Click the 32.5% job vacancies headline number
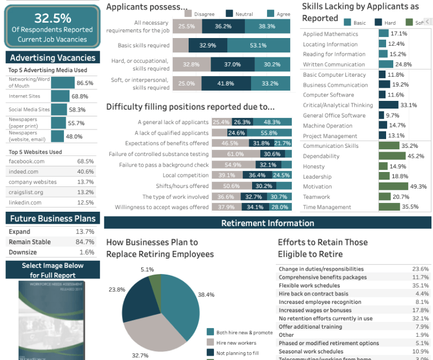coord(52,18)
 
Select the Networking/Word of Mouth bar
coord(63,83)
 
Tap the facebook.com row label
coord(26,161)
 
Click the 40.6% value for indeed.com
coord(85,171)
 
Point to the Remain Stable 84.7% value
coord(85,242)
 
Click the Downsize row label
coord(23,252)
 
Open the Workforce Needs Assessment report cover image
coord(52,320)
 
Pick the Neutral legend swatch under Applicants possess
coord(227,13)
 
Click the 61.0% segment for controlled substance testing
coord(236,154)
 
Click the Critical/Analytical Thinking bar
coord(388,105)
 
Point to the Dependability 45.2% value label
coord(415,156)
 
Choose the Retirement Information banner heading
coord(268,223)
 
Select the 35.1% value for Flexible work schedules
coord(420,286)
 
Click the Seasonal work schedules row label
coord(311,351)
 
